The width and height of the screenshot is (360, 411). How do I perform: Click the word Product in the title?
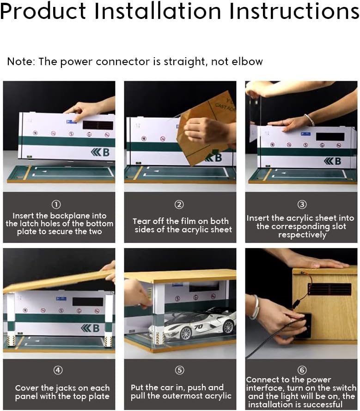[x=43, y=12]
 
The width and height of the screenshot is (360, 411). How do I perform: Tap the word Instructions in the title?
[x=294, y=11]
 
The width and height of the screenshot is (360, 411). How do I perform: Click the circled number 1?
[x=56, y=204]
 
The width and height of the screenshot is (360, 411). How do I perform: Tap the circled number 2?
[x=179, y=204]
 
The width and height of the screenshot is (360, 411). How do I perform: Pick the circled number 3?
[x=302, y=204]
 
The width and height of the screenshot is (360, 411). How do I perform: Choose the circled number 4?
[x=58, y=370]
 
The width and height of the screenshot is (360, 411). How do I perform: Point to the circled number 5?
[x=179, y=370]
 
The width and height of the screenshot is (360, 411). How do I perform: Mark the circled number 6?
[x=302, y=370]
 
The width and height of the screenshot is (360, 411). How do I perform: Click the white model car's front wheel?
[x=186, y=333]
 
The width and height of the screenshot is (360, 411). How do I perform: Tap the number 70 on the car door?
[x=198, y=326]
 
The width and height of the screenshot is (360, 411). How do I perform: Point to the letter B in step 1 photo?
[x=106, y=152]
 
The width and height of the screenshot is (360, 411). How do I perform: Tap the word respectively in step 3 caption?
[x=302, y=235]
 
